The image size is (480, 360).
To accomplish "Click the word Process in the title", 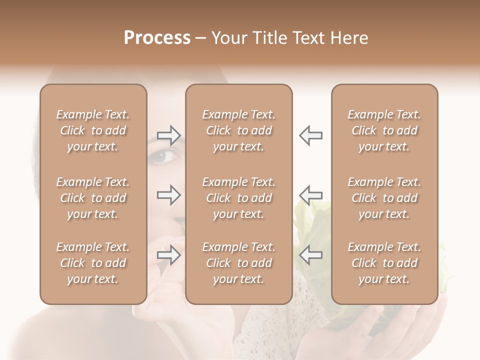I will [157, 38].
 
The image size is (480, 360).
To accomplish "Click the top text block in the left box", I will [93, 130].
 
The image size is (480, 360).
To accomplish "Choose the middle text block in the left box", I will [93, 198].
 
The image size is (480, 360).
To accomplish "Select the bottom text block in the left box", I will [93, 263].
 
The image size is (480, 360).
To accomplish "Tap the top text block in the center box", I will [239, 130].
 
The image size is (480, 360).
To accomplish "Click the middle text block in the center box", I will [239, 198].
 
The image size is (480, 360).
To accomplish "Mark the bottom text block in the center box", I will [239, 263].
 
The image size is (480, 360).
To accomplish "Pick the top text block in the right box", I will [384, 130].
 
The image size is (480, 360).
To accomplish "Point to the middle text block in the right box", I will [384, 198].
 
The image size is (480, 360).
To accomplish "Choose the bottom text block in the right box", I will [384, 263].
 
